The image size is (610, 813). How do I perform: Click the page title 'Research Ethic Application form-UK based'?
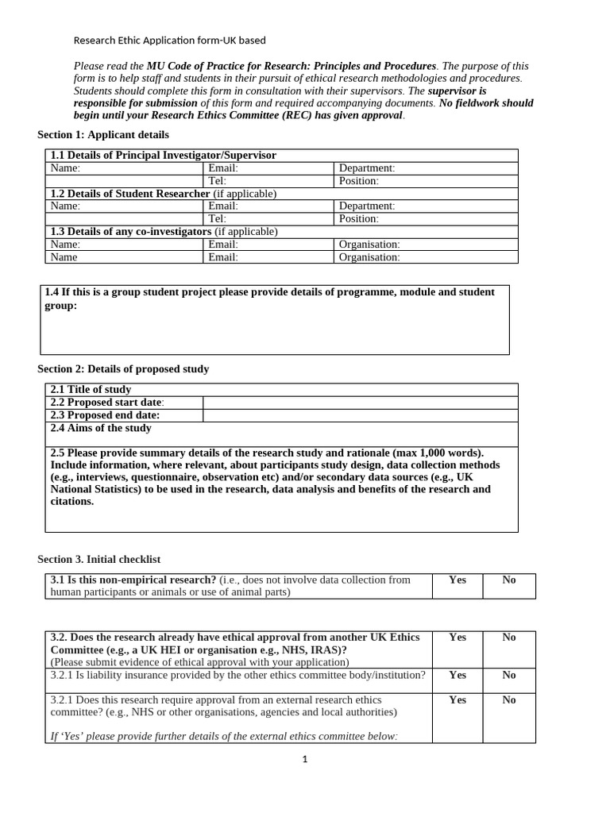[170, 40]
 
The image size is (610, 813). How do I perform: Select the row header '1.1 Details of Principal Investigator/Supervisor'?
[163, 156]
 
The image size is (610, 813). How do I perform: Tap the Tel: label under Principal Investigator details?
[217, 181]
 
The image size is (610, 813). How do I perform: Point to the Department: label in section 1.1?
[366, 168]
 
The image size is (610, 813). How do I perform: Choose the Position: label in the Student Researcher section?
[358, 219]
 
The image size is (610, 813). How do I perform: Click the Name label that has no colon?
[64, 257]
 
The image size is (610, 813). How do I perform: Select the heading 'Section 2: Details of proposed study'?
[123, 369]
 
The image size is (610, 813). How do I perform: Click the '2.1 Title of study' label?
[91, 390]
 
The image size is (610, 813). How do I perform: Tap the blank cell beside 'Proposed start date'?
[360, 403]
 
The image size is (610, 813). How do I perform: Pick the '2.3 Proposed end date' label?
[105, 415]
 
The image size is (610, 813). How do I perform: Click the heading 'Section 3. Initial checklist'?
[99, 560]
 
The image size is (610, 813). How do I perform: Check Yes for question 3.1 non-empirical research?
[457, 580]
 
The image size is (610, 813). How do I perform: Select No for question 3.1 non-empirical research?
[509, 580]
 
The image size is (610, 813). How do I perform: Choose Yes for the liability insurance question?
[457, 676]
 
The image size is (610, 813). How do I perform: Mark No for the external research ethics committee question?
[509, 700]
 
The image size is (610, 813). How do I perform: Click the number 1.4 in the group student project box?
[52, 292]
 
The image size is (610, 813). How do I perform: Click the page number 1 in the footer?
[304, 759]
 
